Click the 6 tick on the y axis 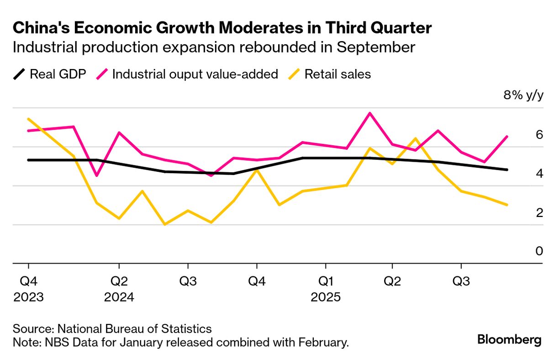[539, 135]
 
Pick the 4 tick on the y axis [539, 174]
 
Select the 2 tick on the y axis [539, 213]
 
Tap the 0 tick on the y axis [539, 251]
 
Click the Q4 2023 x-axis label [28, 288]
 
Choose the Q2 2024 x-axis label [119, 288]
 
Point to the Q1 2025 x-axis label [325, 288]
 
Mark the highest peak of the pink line [370, 113]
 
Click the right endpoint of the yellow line [507, 205]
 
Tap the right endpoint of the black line [507, 169]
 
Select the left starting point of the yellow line [28, 119]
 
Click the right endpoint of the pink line [507, 136]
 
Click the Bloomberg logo [509, 340]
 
